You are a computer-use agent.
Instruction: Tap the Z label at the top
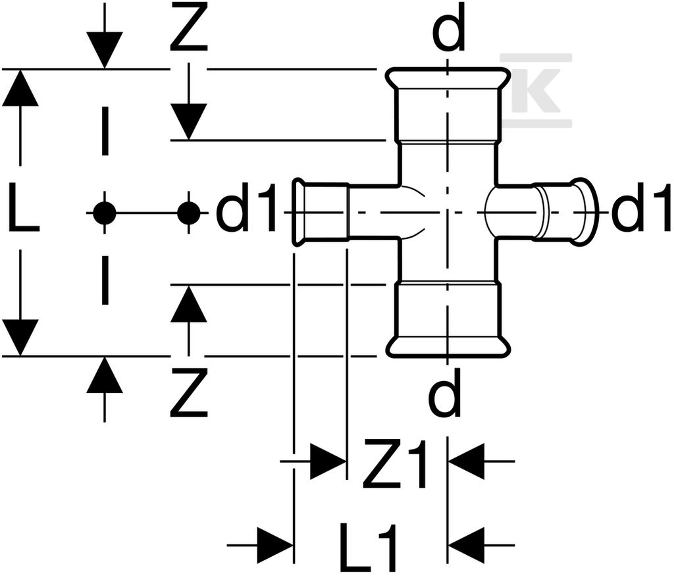pyautogui.click(x=189, y=26)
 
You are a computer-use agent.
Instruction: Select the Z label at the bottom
pyautogui.click(x=189, y=392)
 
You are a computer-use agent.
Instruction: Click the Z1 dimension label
pyautogui.click(x=395, y=463)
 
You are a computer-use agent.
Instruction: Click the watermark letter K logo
pyautogui.click(x=536, y=90)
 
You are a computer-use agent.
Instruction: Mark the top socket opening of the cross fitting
pyautogui.click(x=448, y=105)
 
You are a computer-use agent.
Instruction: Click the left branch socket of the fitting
pyautogui.click(x=321, y=212)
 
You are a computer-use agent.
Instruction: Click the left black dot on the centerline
pyautogui.click(x=105, y=213)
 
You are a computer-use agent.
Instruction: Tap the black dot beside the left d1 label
pyautogui.click(x=189, y=213)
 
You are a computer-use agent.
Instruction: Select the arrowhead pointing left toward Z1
pyautogui.click(x=466, y=461)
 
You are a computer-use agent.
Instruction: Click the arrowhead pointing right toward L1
pyautogui.click(x=276, y=545)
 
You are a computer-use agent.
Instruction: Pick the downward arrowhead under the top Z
pyautogui.click(x=189, y=121)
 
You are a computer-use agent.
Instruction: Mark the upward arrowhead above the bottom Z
pyautogui.click(x=189, y=304)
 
